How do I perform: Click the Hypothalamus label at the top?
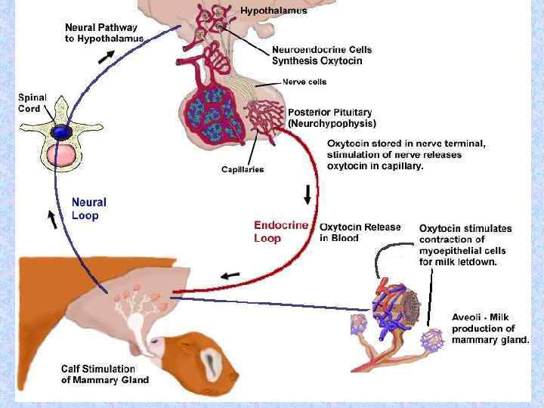click(x=274, y=11)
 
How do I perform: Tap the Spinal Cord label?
click(x=32, y=103)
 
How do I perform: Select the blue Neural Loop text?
click(x=89, y=209)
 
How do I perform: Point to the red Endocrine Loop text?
click(x=280, y=231)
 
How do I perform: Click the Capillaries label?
click(x=243, y=169)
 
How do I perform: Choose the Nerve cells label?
click(x=304, y=82)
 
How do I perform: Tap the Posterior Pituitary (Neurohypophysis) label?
click(x=332, y=117)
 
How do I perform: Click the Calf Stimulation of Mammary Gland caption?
click(x=105, y=374)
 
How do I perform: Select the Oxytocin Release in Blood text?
click(x=350, y=232)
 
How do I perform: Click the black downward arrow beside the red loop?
click(x=308, y=195)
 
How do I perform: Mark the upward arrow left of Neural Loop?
click(x=52, y=219)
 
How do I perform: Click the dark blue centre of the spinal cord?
click(x=60, y=133)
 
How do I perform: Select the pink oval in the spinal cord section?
click(x=61, y=156)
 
